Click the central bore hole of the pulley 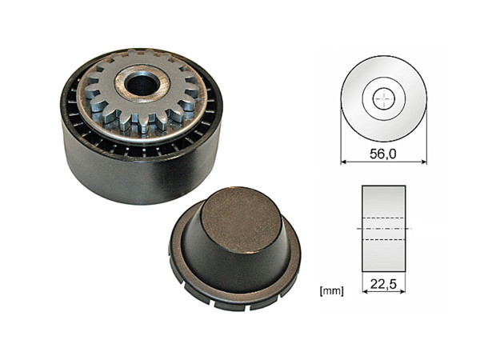tap(142, 82)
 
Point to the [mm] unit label tap(330, 290)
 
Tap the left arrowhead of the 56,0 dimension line tap(344, 162)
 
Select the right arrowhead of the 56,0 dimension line tap(424, 162)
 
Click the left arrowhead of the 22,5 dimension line tap(365, 290)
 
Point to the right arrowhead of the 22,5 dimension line tap(403, 290)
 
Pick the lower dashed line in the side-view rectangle tap(384, 238)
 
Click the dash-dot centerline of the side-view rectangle tap(384, 229)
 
